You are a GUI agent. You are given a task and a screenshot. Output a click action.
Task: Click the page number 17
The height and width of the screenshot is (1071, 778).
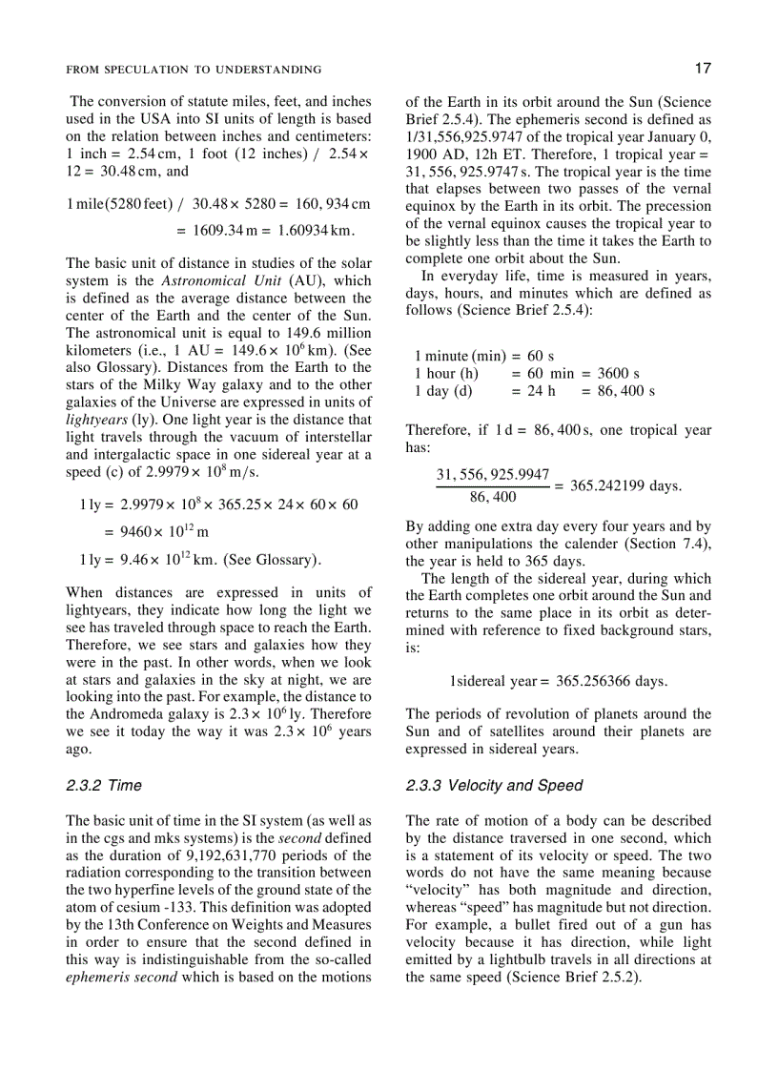(x=702, y=69)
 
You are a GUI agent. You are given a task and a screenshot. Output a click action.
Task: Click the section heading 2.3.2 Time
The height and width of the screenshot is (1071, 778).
(x=104, y=786)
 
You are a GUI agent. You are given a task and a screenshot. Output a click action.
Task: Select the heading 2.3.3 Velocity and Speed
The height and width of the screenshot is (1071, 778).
(x=493, y=786)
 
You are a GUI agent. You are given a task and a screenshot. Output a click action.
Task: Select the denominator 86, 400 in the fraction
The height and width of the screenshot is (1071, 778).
(x=493, y=497)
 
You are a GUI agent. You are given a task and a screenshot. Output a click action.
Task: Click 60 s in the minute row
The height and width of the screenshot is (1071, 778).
(x=541, y=356)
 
